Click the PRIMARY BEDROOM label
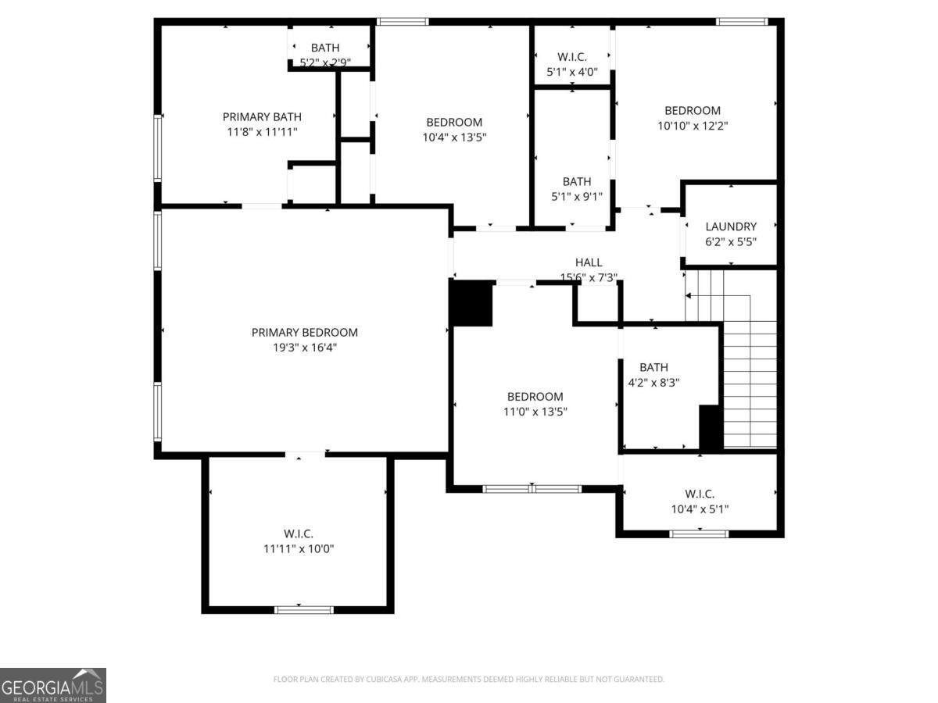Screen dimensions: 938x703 point(304,332)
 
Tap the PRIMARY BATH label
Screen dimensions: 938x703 point(262,116)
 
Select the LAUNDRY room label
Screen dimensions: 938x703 point(731,227)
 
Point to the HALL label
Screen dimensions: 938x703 point(589,262)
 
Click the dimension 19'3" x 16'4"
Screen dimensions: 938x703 point(305,348)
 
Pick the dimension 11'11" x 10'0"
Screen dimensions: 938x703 point(299,548)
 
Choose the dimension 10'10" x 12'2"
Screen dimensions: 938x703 point(693,126)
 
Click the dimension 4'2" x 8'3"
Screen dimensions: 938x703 point(653,383)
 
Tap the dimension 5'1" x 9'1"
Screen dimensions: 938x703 point(576,197)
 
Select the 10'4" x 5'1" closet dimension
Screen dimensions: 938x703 point(700,509)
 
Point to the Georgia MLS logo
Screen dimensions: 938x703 point(53,685)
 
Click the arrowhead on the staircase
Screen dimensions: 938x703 point(688,295)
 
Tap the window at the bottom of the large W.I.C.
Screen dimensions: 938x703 point(303,609)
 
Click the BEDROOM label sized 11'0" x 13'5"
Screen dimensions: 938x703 point(535,397)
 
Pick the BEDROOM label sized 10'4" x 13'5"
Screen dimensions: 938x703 point(454,122)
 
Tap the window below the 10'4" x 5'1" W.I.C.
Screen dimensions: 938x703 point(699,533)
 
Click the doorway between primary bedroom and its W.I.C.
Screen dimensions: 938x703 point(305,455)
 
